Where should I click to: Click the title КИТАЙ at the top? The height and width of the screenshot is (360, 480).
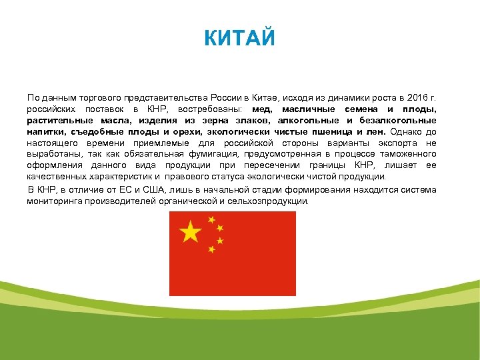pyautogui.click(x=239, y=37)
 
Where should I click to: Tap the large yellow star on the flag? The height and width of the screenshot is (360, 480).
pyautogui.click(x=190, y=232)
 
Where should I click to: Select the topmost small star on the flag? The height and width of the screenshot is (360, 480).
pyautogui.click(x=211, y=219)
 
